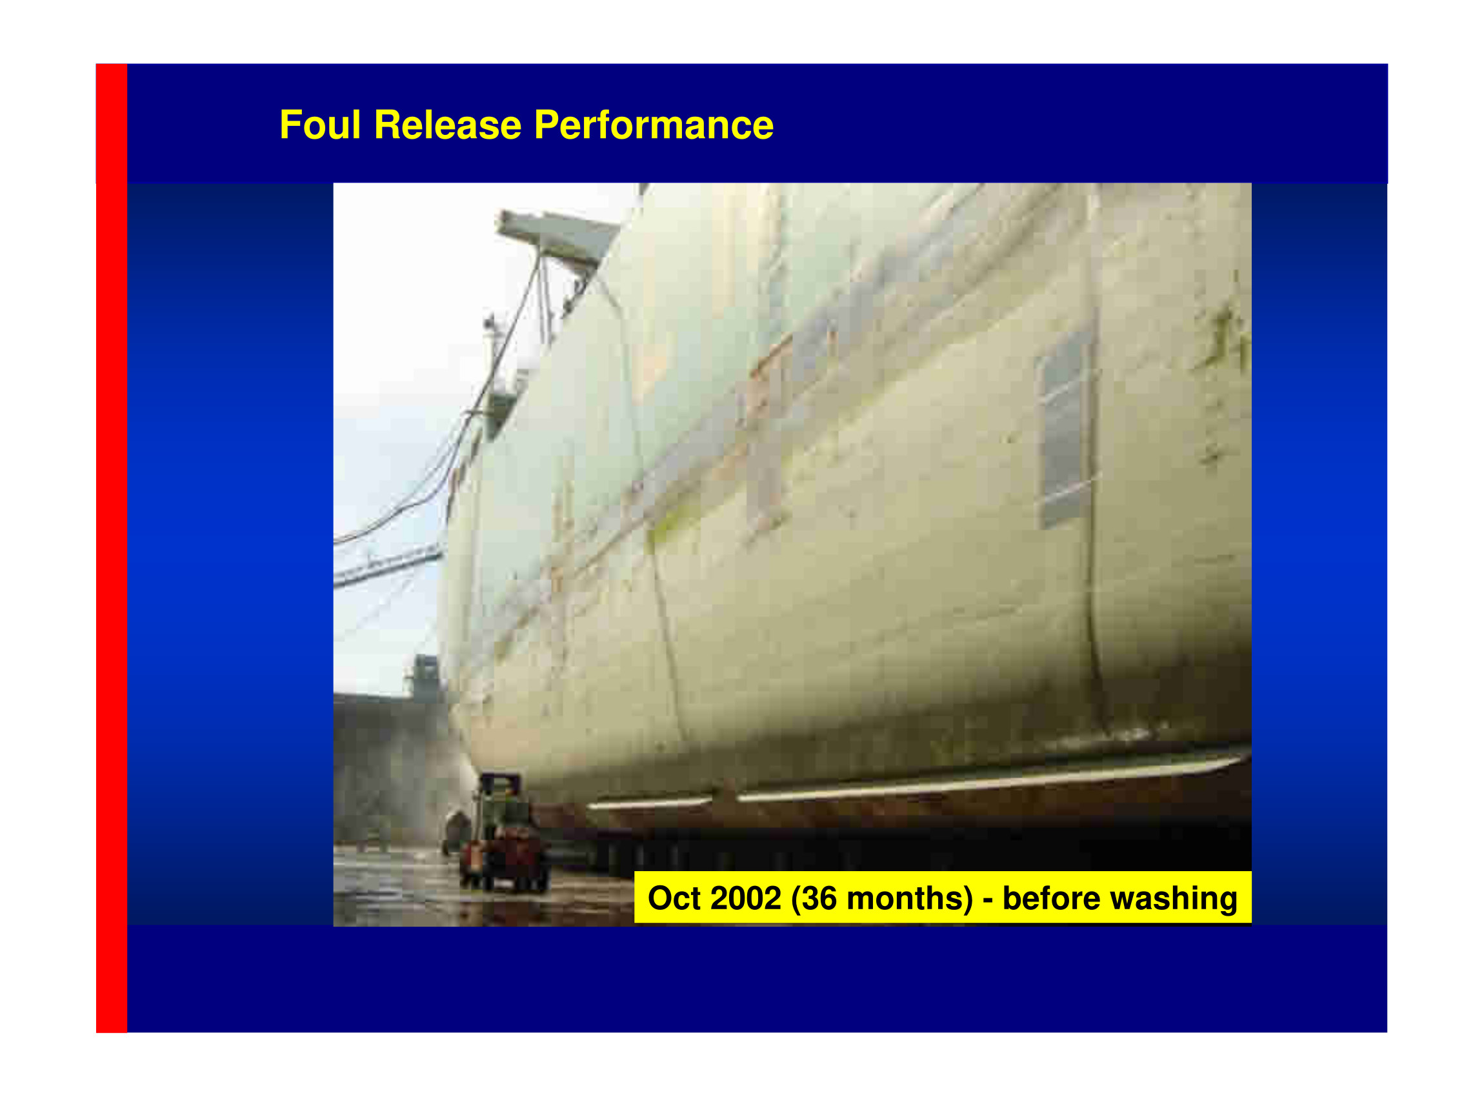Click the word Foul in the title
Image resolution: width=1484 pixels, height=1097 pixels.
click(x=320, y=125)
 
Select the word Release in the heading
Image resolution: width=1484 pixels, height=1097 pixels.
click(x=448, y=125)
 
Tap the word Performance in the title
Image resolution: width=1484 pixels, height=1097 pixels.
click(x=654, y=125)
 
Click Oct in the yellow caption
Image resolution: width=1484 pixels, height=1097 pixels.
click(x=674, y=898)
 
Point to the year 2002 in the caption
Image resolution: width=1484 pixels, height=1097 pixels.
click(x=746, y=898)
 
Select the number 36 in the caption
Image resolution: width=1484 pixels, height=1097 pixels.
click(x=820, y=898)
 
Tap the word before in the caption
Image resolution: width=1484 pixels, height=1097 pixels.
click(x=1050, y=898)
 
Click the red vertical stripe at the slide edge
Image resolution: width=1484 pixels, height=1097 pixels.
click(x=112, y=548)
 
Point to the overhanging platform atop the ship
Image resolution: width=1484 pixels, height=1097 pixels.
click(x=556, y=236)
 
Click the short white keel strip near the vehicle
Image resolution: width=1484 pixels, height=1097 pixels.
click(x=648, y=803)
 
